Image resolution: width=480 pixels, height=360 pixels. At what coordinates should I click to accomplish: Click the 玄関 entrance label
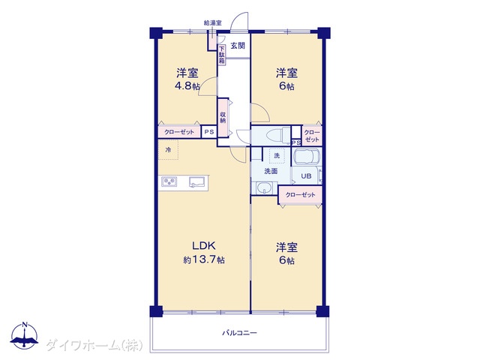238,46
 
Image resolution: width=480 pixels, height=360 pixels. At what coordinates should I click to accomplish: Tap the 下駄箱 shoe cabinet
222,55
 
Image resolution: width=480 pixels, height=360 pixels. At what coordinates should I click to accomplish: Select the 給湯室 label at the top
213,22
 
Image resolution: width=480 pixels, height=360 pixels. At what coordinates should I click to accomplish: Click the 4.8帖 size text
187,86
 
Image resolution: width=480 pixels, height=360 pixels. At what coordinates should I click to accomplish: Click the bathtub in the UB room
307,157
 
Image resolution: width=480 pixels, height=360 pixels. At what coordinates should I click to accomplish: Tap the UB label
306,176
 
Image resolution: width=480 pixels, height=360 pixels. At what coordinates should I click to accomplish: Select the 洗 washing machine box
277,156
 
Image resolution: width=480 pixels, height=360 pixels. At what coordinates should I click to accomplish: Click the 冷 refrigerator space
168,150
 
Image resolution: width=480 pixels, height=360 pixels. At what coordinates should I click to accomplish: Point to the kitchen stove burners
169,181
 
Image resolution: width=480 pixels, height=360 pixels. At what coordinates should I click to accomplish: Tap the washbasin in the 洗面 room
263,187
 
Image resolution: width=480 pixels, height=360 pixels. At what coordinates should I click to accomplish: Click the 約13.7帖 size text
204,260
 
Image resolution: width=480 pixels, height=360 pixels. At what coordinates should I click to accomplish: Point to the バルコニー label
240,333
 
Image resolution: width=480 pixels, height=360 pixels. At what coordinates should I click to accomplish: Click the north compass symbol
25,335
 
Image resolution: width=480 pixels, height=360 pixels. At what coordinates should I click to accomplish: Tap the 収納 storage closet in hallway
223,118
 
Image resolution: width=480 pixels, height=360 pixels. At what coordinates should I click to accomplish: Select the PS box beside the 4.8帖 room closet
209,132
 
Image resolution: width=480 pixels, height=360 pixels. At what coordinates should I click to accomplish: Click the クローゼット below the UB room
300,195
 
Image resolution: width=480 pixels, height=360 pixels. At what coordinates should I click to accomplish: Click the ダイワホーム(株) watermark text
94,346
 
